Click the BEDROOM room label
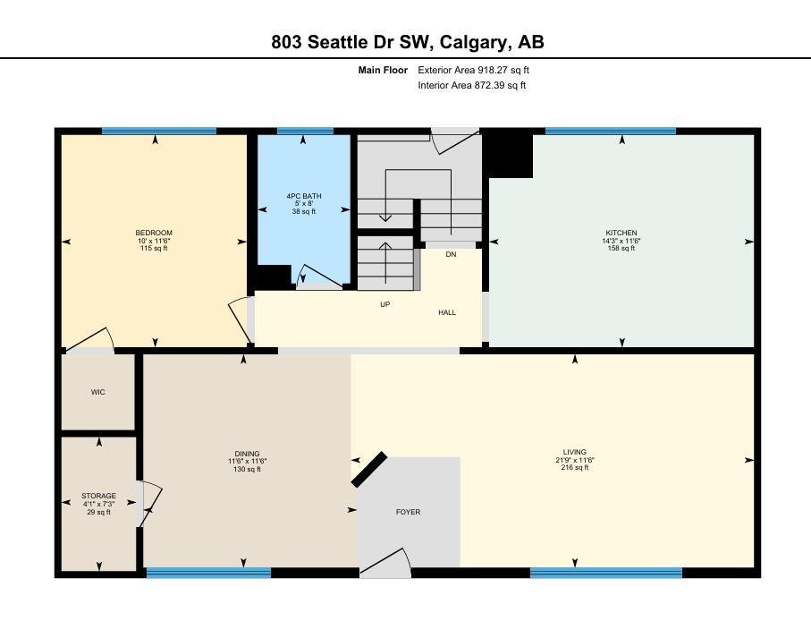[154, 233]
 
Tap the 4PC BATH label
[304, 196]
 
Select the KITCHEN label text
[621, 233]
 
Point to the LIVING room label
[575, 452]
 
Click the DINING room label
[247, 454]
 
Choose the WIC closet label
[97, 392]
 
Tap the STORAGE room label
[98, 496]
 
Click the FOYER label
[408, 512]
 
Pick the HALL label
[447, 312]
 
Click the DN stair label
[451, 255]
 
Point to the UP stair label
[384, 304]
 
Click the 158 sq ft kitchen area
[621, 249]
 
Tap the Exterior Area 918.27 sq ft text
[473, 70]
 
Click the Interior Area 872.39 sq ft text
[472, 85]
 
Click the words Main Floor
[383, 70]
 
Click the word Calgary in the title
[473, 42]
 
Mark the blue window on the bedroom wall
[159, 131]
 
